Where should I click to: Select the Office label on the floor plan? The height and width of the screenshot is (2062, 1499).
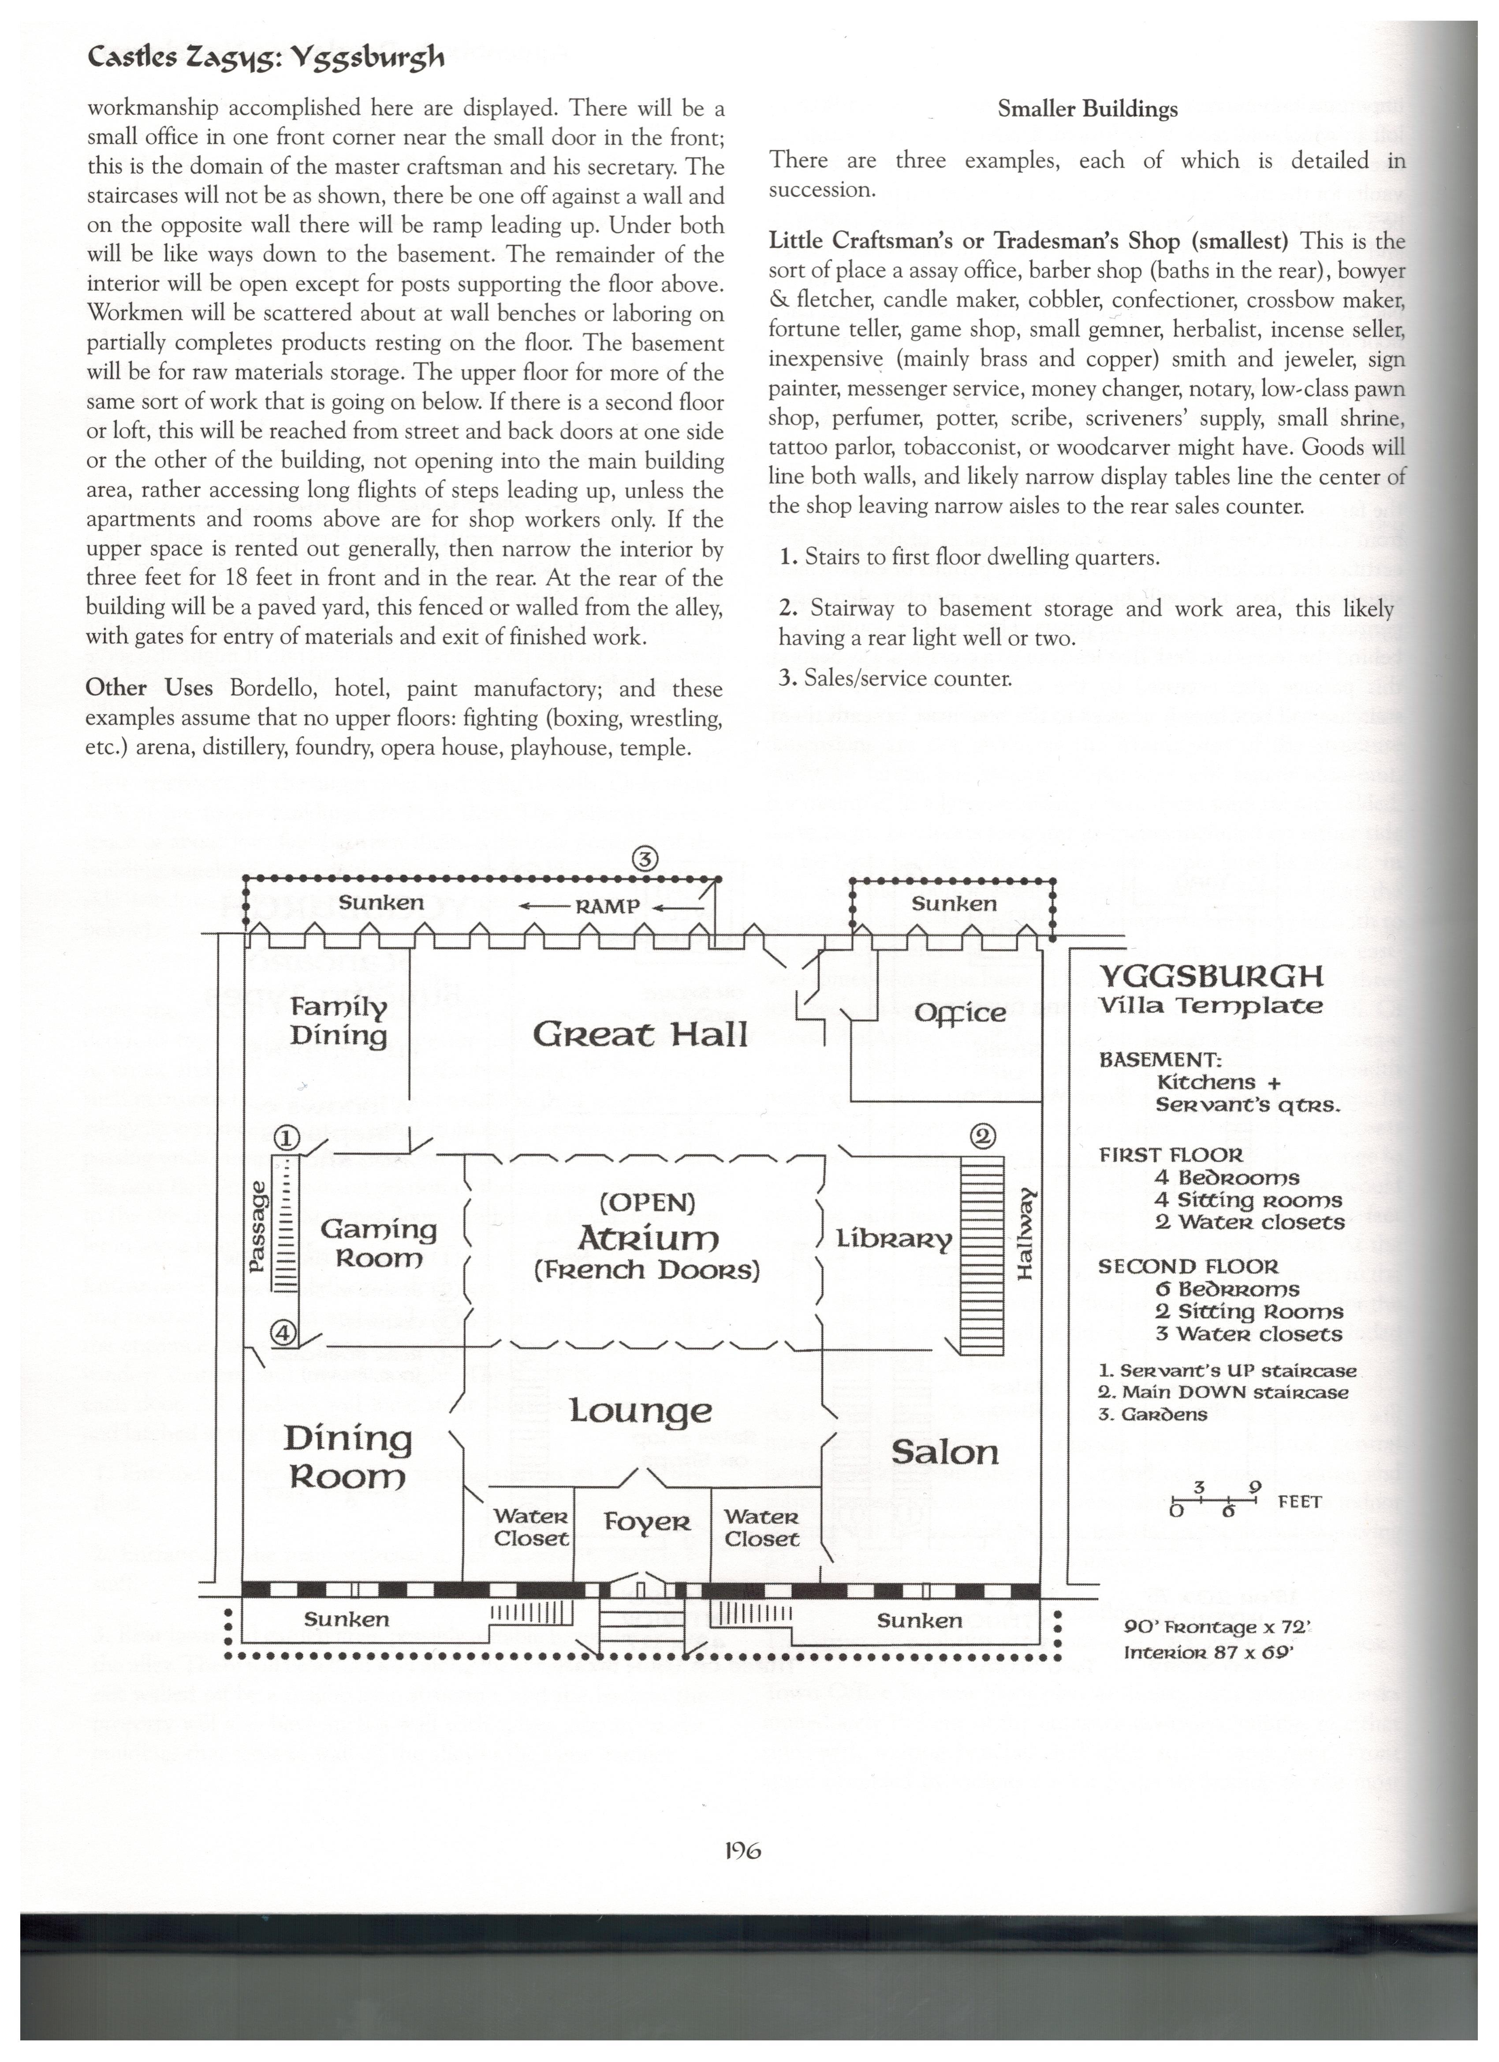pos(960,1014)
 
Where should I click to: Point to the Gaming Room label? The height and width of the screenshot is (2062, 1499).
pos(378,1244)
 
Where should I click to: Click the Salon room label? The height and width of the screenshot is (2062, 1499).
pos(944,1452)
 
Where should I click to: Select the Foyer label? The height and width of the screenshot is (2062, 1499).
pos(647,1522)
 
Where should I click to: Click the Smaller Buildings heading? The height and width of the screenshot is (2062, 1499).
pos(1087,110)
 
